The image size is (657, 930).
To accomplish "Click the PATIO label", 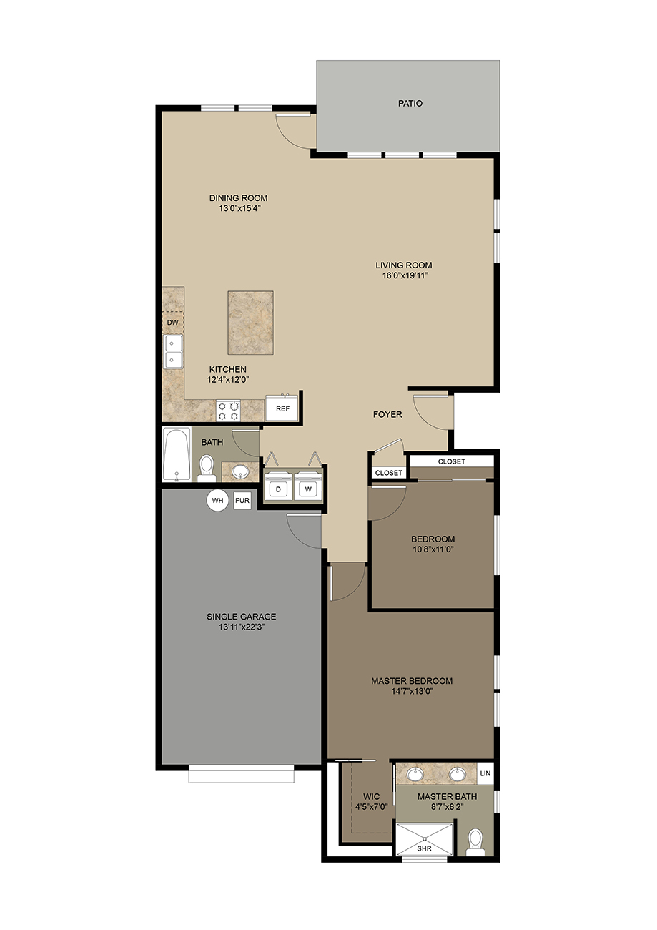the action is coord(410,104).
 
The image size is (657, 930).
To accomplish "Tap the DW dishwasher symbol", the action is coord(172,322).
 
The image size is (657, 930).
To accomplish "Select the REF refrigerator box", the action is coord(282,408).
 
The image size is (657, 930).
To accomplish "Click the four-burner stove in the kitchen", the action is coord(228,411).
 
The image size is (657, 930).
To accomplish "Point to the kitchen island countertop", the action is coord(250,322).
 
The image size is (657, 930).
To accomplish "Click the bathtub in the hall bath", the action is coord(177,454).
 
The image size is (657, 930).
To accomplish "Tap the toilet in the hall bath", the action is coord(206,469).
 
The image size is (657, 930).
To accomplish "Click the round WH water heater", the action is coord(218,500).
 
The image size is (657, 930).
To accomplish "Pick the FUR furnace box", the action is coord(242,500).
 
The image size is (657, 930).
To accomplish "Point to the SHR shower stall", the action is coord(425,839).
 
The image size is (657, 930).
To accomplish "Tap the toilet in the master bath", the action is coord(475,842).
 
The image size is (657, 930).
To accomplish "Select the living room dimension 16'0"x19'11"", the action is coord(405,275).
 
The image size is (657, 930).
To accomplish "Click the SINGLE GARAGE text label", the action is coord(242,617).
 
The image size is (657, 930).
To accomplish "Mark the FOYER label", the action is coord(387,414).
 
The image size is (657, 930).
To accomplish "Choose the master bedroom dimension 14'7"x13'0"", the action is coord(412,691).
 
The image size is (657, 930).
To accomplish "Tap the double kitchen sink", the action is coord(174,351).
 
